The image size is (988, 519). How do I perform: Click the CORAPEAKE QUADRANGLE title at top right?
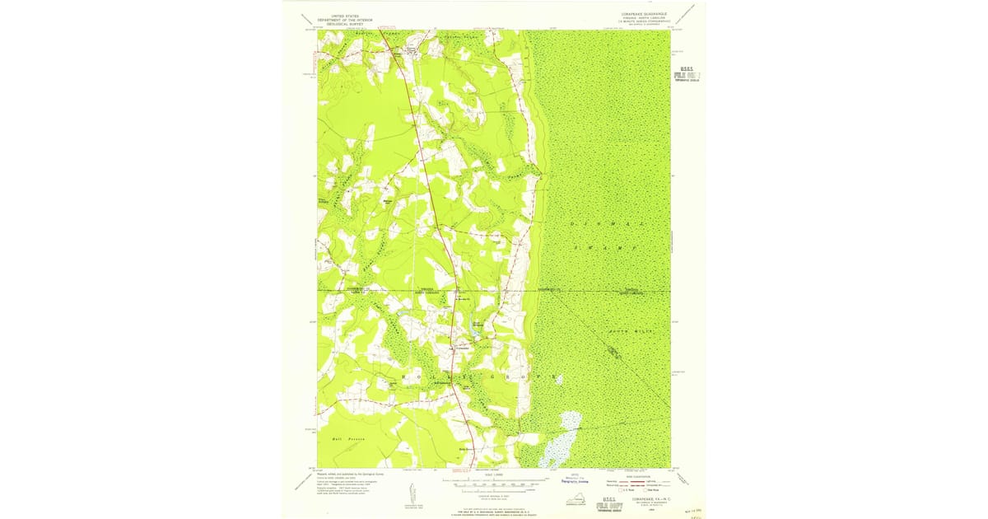pyautogui.click(x=645, y=14)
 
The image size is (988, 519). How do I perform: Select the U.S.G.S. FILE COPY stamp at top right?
pyautogui.click(x=687, y=73)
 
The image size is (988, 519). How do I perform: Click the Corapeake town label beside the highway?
pyautogui.click(x=464, y=347)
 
